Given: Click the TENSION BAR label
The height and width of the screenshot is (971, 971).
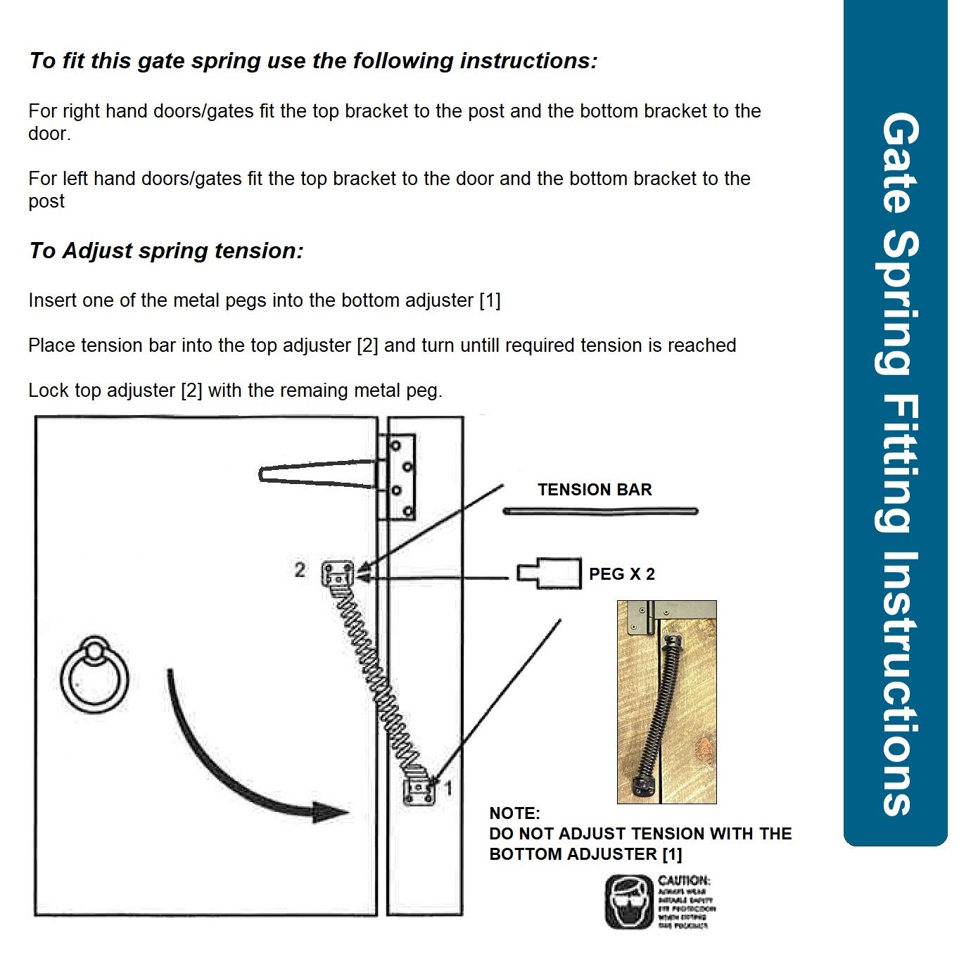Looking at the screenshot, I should tap(595, 490).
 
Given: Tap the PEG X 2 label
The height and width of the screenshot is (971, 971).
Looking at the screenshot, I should tap(622, 574).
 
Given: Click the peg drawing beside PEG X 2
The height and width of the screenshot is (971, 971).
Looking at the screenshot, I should tap(550, 573).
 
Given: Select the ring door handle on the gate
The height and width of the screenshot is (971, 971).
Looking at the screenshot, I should tap(94, 675).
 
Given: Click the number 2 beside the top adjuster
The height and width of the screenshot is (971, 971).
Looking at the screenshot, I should tap(300, 570).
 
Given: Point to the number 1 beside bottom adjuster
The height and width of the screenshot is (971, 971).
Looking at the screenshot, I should tap(448, 788).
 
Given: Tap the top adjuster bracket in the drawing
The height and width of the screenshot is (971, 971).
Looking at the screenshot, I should tap(338, 574).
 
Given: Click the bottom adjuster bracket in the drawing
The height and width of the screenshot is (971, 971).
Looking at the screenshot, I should tap(419, 791).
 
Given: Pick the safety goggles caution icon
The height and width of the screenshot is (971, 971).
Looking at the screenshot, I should tap(629, 902).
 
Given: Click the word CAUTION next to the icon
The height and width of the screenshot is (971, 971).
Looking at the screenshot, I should tap(684, 880).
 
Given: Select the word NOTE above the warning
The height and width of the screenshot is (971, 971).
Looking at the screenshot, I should tap(514, 813).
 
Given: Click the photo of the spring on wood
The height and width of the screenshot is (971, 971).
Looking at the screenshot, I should tap(666, 702).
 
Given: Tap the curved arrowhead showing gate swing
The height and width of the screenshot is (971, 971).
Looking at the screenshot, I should tap(329, 812).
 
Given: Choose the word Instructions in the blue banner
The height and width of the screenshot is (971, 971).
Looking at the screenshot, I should tap(899, 683).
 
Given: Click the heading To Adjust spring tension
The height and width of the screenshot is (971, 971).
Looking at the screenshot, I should tap(166, 250).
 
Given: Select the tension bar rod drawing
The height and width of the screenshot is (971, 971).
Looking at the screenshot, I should tap(600, 512).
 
